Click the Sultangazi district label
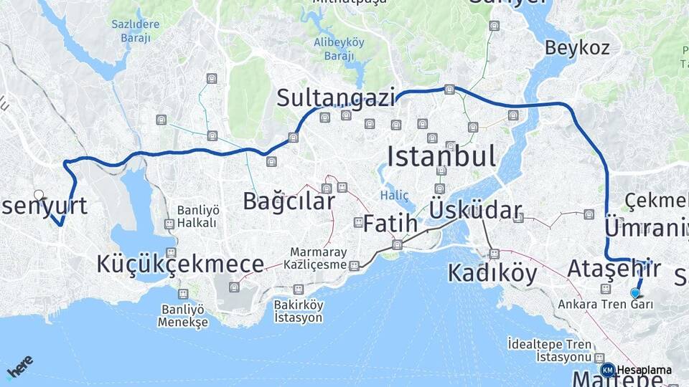pos(337,97)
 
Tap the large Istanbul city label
pos(441,156)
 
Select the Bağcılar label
pos(289,201)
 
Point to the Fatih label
pos(390,224)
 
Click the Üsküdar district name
pos(475,210)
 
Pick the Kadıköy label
pos(492,273)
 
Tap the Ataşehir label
pos(612,269)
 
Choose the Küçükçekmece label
pos(180,264)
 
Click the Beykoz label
pos(577,48)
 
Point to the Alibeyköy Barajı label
pos(339,49)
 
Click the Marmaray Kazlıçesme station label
pos(318,259)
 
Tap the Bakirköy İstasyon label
pos(299,311)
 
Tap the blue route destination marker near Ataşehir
pos(634,292)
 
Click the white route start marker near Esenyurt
pos(39,194)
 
